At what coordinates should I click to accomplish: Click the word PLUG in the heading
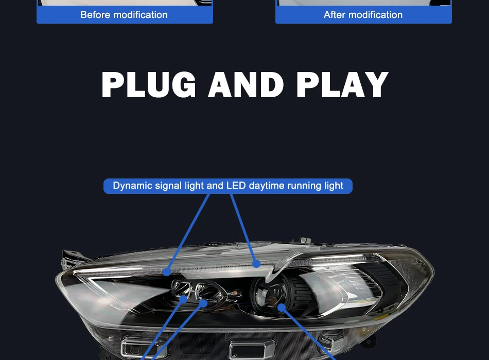coord(149,85)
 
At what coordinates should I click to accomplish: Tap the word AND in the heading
coord(246,85)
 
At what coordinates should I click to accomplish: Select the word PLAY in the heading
coord(342,85)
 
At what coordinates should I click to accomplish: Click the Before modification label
coord(124,15)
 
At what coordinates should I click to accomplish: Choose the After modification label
coord(363,15)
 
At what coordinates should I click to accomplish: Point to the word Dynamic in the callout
coord(133,186)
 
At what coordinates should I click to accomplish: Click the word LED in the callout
coord(236,186)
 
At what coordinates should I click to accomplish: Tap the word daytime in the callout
coord(267,186)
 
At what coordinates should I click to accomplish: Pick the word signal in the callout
coord(169,186)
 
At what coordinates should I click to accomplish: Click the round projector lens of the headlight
coord(270,298)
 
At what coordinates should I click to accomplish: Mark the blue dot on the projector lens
coord(281,308)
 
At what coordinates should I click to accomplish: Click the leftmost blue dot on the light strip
coord(167,271)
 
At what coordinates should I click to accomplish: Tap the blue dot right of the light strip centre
coord(256,264)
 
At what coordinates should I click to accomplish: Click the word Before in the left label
coord(95,15)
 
